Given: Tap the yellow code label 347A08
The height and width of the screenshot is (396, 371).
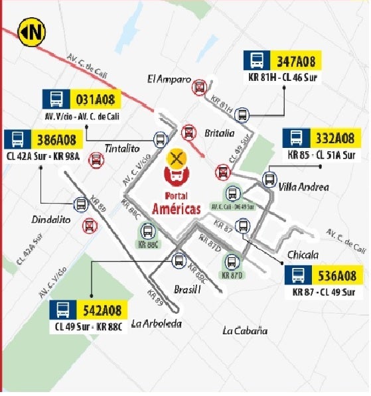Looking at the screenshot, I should click(x=297, y=62).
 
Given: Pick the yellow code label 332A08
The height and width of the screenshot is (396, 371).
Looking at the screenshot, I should click(x=335, y=139).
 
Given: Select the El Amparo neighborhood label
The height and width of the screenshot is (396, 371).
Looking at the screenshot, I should click(x=169, y=80).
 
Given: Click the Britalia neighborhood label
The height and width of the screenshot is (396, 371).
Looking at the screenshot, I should click(x=220, y=133).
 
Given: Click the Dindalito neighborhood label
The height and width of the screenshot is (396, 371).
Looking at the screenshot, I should click(x=50, y=220).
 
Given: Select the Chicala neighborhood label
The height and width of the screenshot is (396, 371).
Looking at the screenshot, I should click(x=304, y=255).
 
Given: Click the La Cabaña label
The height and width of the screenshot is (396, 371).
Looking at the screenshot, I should click(x=245, y=330).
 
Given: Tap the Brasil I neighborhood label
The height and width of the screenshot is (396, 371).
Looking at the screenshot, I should click(x=186, y=291).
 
